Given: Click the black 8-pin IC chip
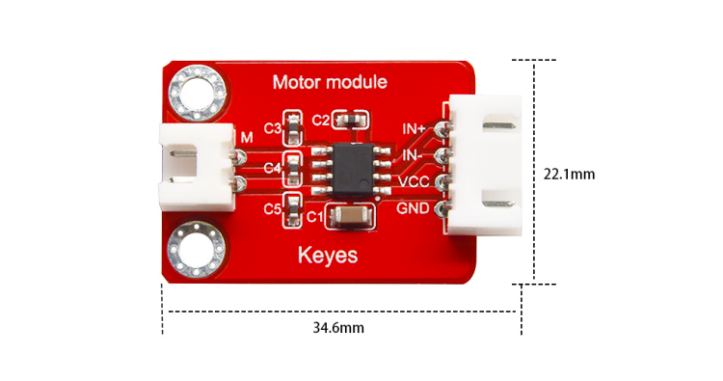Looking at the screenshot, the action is [353, 170].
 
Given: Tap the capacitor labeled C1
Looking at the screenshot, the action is [351, 215].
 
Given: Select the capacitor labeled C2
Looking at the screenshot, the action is [350, 121].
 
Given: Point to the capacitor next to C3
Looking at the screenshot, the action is [293, 127].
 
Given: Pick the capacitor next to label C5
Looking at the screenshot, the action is [293, 210].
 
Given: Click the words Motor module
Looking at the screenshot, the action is [330, 82].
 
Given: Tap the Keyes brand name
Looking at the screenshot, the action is [328, 256].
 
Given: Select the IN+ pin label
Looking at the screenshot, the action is [414, 128].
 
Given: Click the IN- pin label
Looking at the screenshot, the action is [412, 155].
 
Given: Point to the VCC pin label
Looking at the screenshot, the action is [414, 182].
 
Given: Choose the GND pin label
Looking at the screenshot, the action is [413, 208].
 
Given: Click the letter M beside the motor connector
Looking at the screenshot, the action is [247, 138].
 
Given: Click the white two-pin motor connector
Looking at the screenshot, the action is [197, 167].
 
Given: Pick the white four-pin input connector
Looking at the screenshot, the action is [484, 165].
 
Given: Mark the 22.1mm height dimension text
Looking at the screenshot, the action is [569, 175].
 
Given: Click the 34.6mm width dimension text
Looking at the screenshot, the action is [338, 328].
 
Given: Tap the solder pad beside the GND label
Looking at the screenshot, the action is [442, 209].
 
